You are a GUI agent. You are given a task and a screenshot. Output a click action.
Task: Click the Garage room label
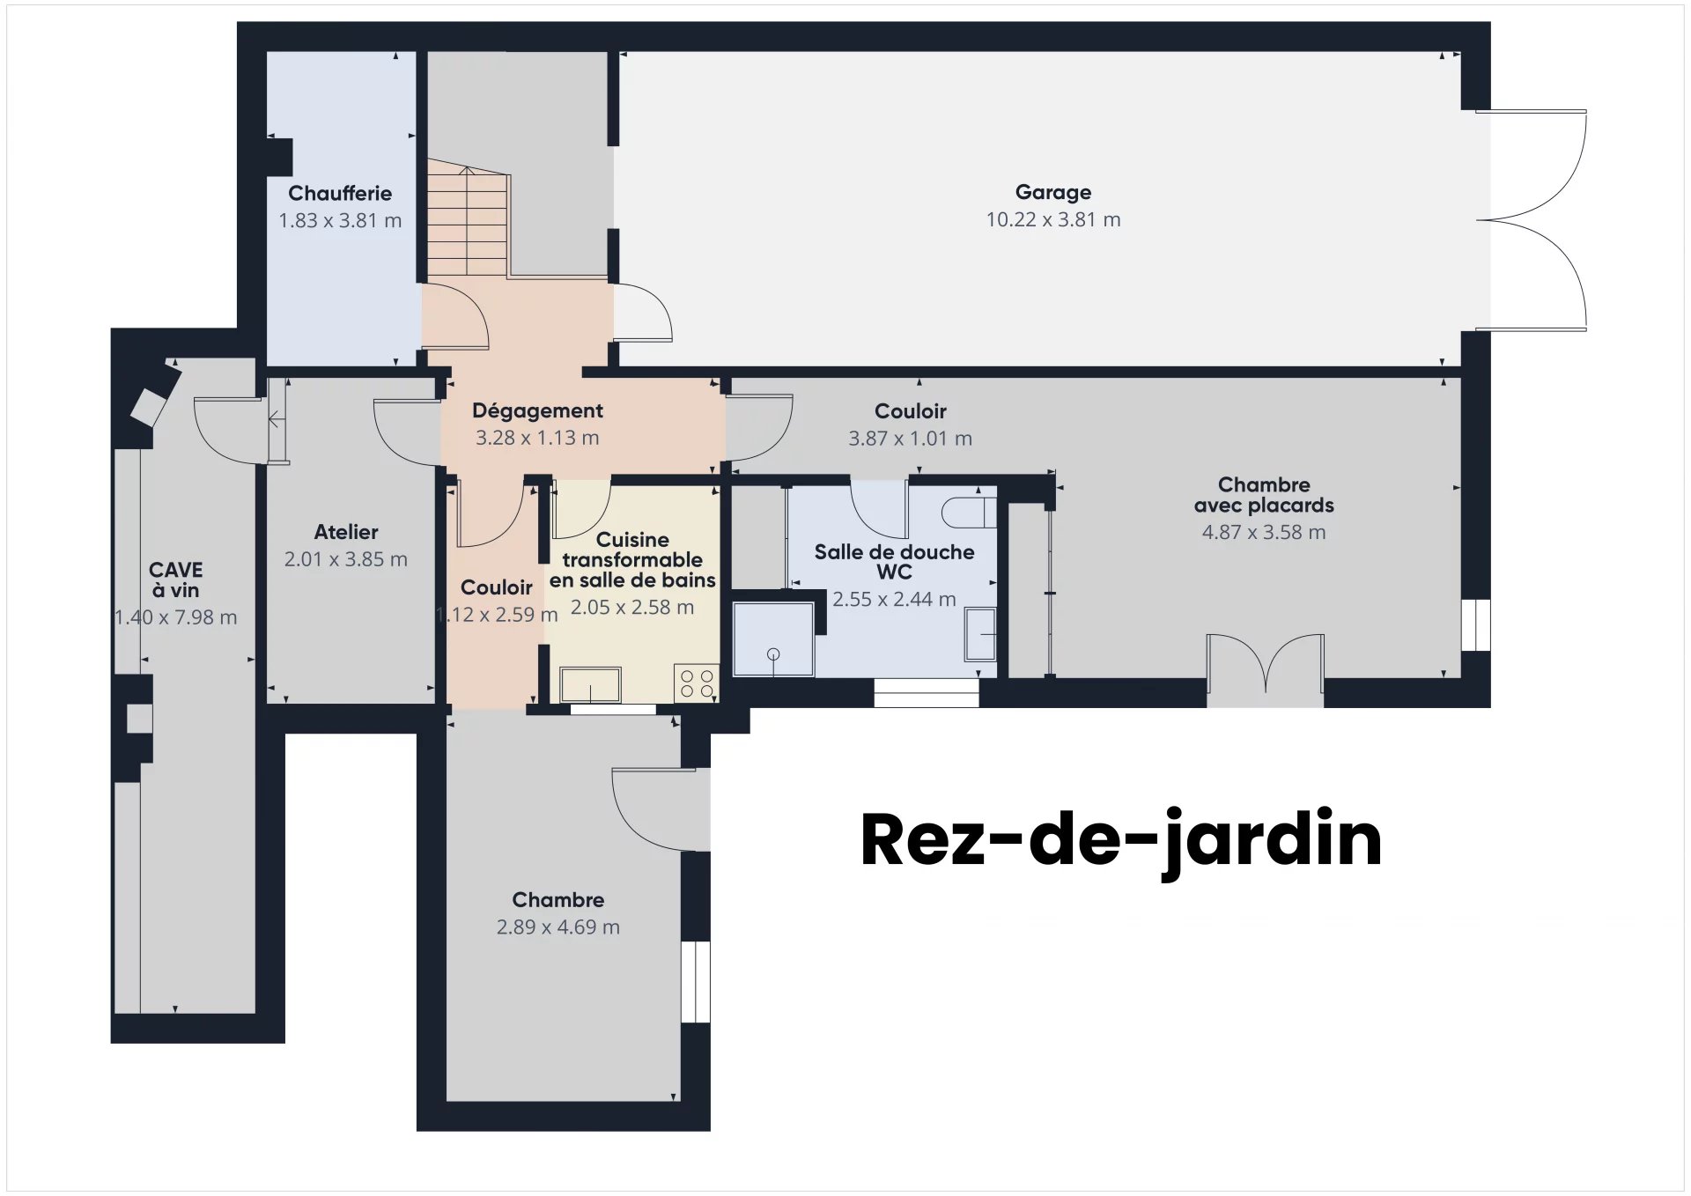[x=1052, y=192]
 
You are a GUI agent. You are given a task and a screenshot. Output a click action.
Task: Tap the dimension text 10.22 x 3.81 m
[x=1052, y=220]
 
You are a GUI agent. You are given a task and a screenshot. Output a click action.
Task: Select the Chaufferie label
[x=340, y=193]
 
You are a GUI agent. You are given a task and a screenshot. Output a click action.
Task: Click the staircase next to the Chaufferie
[x=467, y=220]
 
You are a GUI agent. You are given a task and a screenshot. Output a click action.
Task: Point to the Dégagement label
[x=537, y=410]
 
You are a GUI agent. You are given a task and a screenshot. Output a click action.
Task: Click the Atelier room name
[x=346, y=532]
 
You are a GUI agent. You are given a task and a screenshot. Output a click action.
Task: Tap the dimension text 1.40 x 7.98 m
[x=176, y=617]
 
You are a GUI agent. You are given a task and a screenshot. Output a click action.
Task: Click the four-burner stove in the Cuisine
[x=697, y=683]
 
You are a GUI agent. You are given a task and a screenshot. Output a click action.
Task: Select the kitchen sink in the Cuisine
[x=590, y=684]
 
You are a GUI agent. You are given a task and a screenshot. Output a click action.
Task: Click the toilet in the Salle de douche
[x=969, y=513]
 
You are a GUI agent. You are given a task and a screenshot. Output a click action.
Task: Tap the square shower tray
[x=773, y=639]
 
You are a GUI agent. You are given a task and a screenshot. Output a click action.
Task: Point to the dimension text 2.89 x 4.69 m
[x=558, y=927]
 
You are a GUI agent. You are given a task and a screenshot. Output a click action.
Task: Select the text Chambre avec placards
[x=1263, y=495]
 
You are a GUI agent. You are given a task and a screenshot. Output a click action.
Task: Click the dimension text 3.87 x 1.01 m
[x=910, y=439]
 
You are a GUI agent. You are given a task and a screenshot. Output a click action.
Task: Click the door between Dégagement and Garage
[x=641, y=313]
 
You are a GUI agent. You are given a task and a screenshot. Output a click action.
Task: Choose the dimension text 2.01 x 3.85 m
[x=345, y=559]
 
